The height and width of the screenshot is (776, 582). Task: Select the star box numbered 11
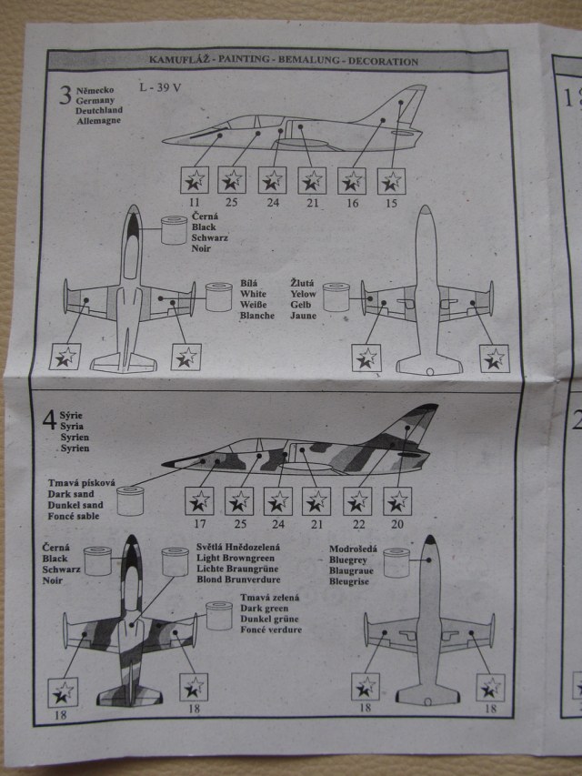(196, 179)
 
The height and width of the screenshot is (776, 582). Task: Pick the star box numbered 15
(392, 180)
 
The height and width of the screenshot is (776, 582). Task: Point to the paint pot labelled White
(218, 297)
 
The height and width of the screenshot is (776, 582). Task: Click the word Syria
(70, 425)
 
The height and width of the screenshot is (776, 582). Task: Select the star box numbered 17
(199, 501)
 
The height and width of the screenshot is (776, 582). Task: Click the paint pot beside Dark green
(219, 616)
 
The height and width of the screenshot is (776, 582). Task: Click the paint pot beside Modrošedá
(396, 561)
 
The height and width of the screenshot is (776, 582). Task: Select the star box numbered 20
(396, 501)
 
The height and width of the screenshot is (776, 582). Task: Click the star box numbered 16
(353, 180)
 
